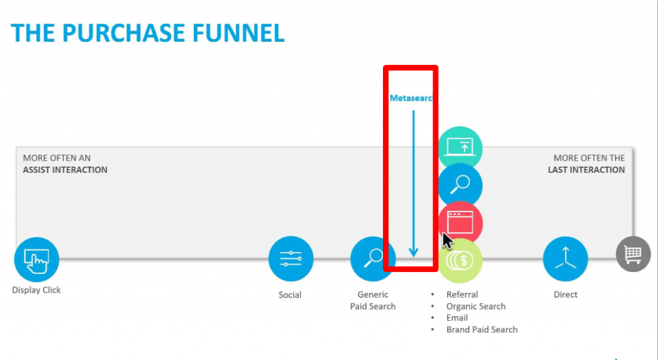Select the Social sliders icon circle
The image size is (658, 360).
click(x=290, y=259)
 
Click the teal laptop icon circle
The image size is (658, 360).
click(x=461, y=147)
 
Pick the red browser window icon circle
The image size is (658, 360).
click(x=461, y=222)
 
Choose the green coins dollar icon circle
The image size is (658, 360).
click(x=461, y=260)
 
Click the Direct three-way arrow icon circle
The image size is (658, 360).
click(x=565, y=259)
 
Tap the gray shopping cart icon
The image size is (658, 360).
click(x=633, y=255)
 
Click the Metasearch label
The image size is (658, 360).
click(x=411, y=98)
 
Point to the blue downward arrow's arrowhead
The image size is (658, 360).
click(x=413, y=252)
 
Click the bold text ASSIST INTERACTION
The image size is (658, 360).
click(x=66, y=170)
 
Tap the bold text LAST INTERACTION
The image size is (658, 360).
click(x=586, y=170)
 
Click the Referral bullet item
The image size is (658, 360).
click(x=462, y=294)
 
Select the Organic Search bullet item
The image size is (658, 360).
click(x=476, y=307)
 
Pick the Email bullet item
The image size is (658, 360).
click(x=457, y=318)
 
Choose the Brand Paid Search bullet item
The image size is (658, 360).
click(x=482, y=330)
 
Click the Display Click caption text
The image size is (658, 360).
click(x=37, y=290)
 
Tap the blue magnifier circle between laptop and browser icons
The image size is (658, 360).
click(x=461, y=184)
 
